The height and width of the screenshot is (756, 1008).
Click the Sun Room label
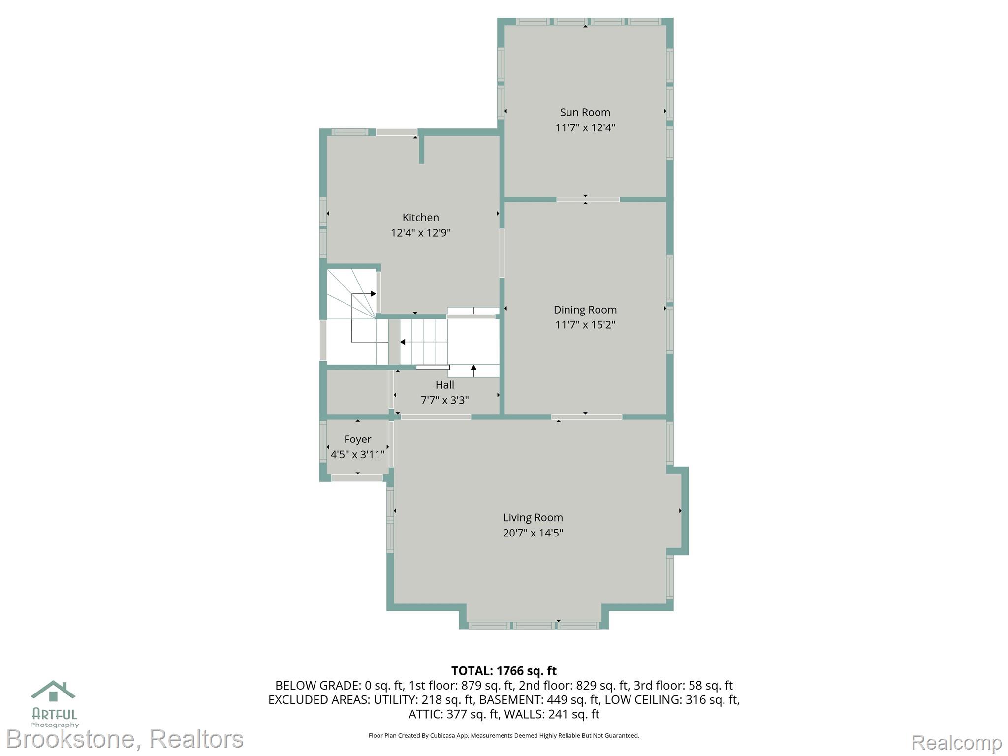point(585,112)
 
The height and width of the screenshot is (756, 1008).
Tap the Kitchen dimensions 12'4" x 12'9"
point(421,232)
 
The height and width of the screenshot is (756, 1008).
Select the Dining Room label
point(585,310)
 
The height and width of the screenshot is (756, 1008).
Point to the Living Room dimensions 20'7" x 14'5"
point(533,533)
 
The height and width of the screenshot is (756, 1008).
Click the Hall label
point(445,385)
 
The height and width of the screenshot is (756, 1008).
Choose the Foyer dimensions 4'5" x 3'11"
point(358,454)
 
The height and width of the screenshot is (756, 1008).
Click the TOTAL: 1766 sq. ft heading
point(504,671)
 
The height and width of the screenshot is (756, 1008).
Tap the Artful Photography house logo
point(53,691)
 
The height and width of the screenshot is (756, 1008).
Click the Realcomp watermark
point(957,742)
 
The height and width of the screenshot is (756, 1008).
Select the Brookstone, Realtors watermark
point(125,739)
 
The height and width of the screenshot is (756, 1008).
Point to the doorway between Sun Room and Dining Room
point(588,199)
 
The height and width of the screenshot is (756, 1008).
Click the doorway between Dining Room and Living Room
point(586,417)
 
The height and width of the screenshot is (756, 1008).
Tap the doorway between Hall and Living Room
point(436,417)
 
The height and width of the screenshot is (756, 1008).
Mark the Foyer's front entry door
point(357,478)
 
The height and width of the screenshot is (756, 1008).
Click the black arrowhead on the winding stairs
point(374,294)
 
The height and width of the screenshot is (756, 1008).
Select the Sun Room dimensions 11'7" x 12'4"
point(585,127)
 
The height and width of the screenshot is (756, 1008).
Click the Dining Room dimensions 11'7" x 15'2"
point(585,325)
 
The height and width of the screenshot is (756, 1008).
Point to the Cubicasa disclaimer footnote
point(504,736)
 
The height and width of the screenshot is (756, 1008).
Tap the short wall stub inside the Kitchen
point(421,150)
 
